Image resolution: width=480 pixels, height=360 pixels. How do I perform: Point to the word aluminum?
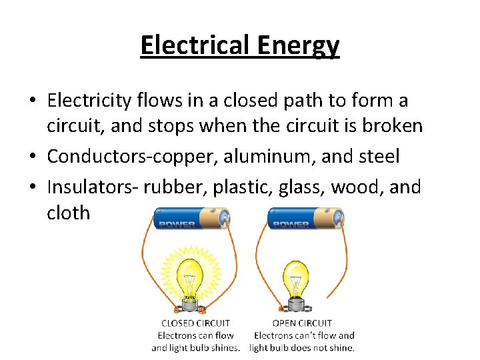tap(259, 157)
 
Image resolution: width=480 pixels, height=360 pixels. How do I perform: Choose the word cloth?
tap(68, 213)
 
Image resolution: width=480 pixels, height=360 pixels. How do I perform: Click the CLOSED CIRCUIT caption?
tap(195, 323)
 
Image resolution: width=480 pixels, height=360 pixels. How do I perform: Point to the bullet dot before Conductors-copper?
tap(32, 157)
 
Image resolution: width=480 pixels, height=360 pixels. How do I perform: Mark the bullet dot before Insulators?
tap(32, 188)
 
